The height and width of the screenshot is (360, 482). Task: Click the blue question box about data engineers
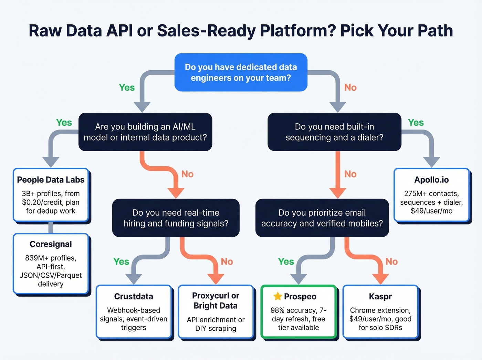coord(241,72)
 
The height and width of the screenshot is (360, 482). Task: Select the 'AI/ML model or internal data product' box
coord(145,132)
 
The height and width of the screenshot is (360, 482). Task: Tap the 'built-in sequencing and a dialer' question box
coord(334,132)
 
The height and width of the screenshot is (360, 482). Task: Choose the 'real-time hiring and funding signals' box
coord(176,218)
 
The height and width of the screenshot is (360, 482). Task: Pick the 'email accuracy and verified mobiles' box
coord(322,218)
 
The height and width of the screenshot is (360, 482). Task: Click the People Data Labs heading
coord(51,180)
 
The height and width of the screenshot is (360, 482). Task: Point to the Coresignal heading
coord(51,244)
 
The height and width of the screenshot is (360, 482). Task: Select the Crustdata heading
coord(134,297)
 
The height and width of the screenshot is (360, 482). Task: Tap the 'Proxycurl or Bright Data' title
coord(216,301)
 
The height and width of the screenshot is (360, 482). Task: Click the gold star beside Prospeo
coord(277,296)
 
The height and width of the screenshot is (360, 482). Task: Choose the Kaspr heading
coord(380,297)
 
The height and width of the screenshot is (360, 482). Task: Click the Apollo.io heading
coord(431,180)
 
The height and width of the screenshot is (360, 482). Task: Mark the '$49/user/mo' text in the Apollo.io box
coord(431,211)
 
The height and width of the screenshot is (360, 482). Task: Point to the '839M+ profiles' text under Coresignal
coord(51,258)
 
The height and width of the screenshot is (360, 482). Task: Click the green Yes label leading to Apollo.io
coord(416,123)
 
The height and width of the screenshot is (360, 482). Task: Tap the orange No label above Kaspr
coord(391,262)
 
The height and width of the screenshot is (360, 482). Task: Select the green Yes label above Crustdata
coord(121,262)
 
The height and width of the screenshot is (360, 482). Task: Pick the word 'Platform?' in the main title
coord(298,31)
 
